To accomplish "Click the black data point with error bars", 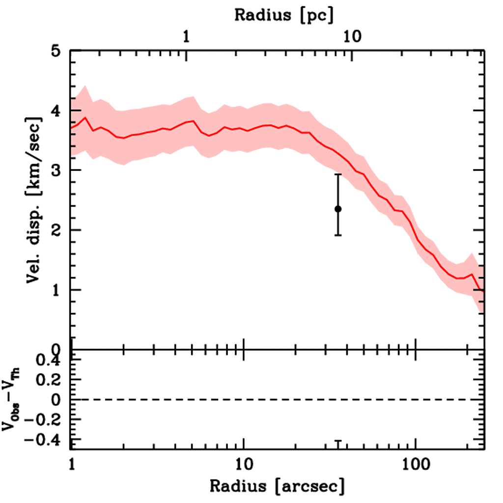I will (338, 209).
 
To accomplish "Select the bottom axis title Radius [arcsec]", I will (277, 486).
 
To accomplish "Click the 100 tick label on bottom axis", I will (416, 462).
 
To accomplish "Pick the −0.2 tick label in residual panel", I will (45, 419).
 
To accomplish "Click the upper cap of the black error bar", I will (338, 174).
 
